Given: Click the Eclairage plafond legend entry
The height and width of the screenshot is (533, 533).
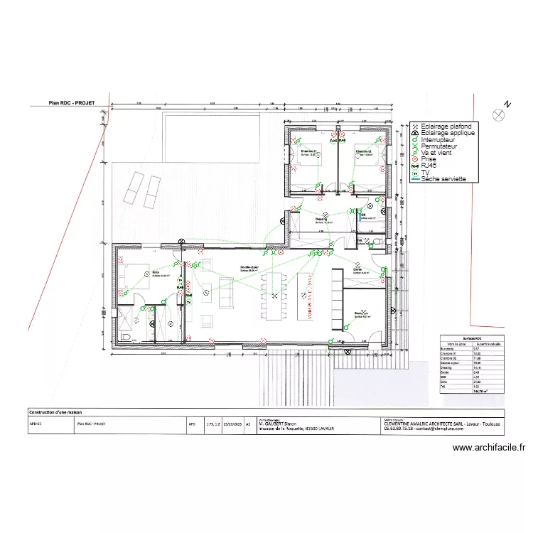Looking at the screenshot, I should (x=446, y=126).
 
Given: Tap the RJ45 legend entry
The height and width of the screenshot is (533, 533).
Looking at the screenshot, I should (x=431, y=166).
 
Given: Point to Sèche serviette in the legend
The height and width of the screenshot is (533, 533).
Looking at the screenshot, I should (x=443, y=179).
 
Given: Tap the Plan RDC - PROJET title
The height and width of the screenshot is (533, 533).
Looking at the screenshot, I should (x=71, y=102).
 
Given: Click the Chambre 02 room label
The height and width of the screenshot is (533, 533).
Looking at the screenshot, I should (x=365, y=151).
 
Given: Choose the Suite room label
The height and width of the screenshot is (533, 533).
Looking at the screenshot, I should (x=156, y=272).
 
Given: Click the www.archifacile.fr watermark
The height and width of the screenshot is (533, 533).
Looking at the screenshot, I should (x=488, y=448).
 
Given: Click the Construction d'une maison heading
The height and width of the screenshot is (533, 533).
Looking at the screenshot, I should (x=55, y=412).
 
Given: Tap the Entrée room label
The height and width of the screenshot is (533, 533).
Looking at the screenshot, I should (x=357, y=269).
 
